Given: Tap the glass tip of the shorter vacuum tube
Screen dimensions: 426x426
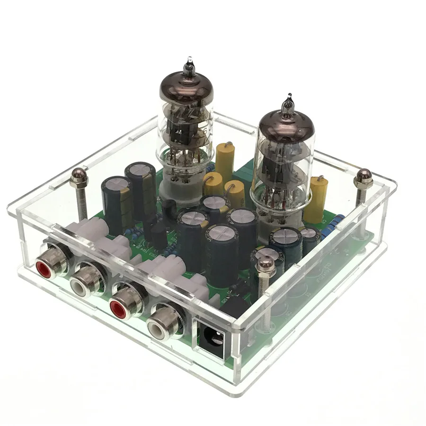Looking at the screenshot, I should (x=287, y=103).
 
